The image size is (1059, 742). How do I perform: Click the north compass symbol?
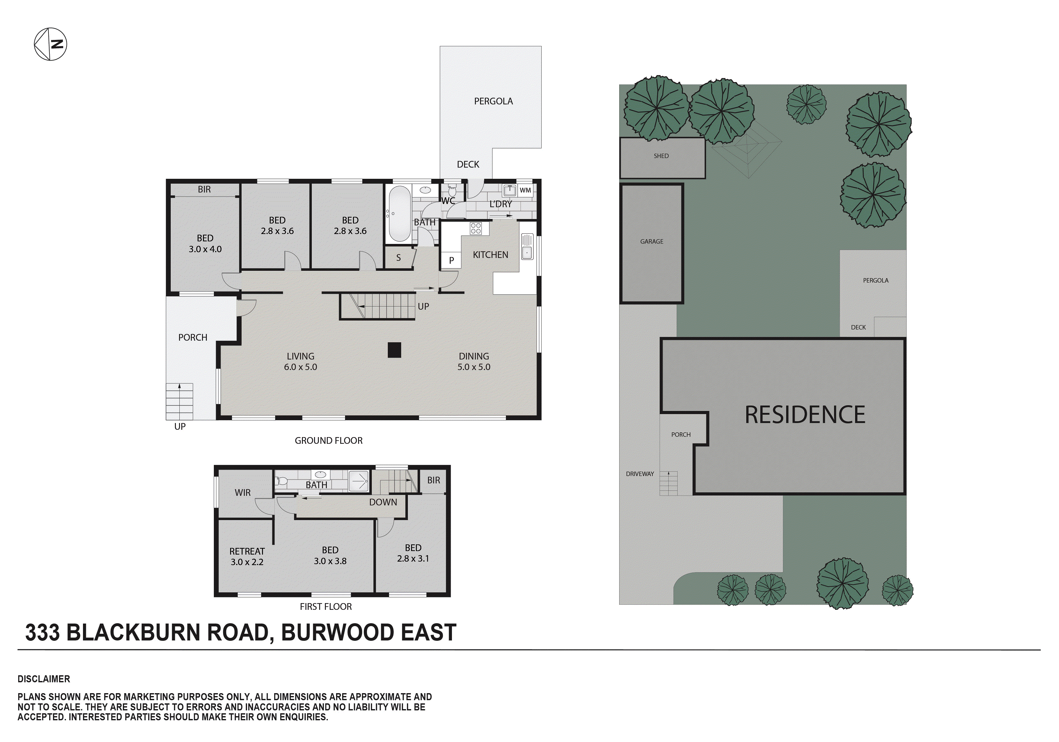[50, 44]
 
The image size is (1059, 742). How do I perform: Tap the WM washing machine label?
[525, 190]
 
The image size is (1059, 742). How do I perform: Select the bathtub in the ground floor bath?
[399, 214]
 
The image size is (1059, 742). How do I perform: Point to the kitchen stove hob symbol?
[476, 228]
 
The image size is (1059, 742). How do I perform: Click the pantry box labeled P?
[451, 260]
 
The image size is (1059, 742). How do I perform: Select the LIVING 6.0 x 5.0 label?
[300, 361]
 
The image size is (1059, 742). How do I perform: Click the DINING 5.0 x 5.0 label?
[474, 361]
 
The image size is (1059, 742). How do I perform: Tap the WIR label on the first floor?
[243, 493]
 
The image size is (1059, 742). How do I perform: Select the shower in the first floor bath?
[358, 481]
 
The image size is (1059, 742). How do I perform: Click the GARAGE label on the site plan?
[651, 241]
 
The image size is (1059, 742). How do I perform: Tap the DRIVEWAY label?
[640, 474]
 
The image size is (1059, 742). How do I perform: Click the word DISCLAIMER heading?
[44, 679]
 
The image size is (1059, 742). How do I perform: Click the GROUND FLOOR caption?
[328, 441]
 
